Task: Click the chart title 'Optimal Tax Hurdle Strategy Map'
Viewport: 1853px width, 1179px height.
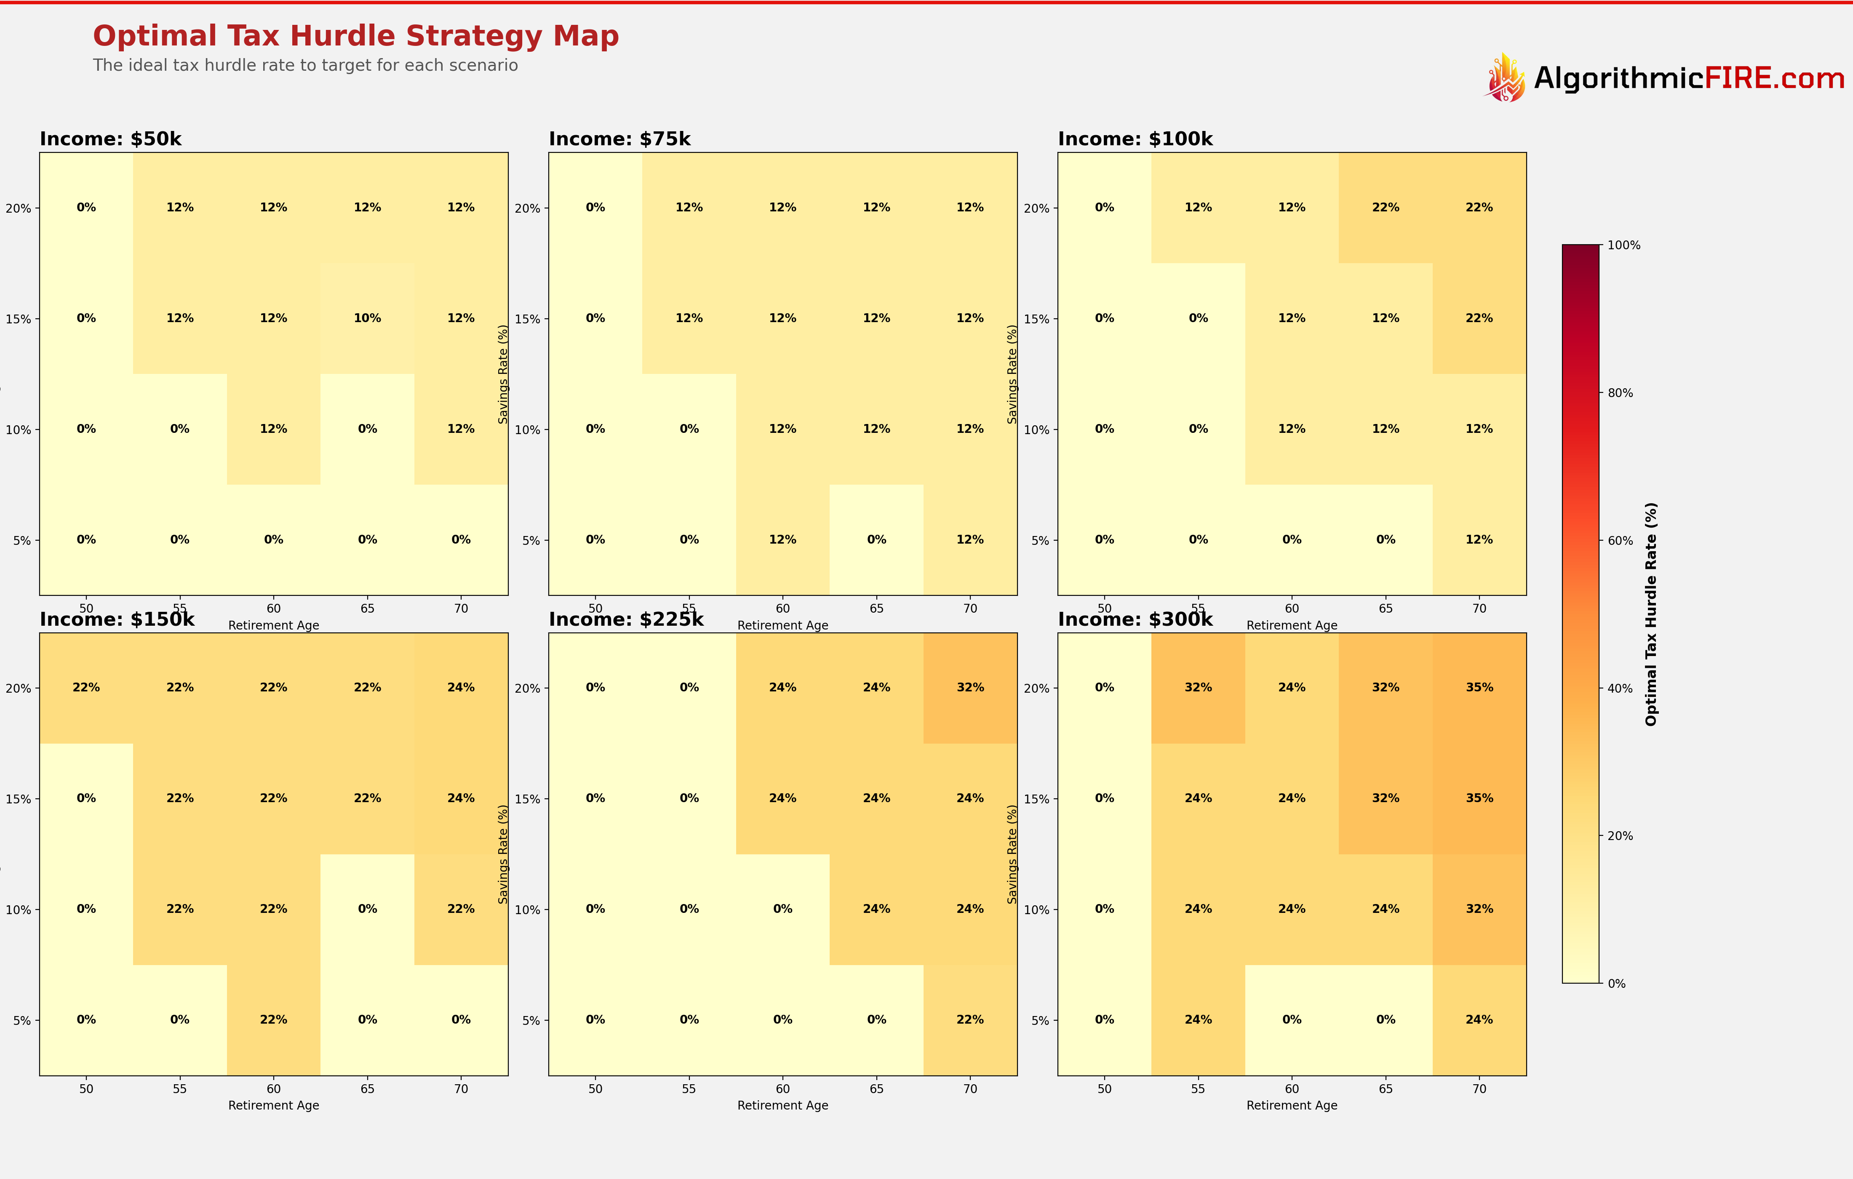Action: [355, 36]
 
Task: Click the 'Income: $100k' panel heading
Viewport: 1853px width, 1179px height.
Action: [1135, 139]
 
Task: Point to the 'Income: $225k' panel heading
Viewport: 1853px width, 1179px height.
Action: [626, 619]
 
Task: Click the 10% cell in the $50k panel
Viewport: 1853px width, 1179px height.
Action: [367, 318]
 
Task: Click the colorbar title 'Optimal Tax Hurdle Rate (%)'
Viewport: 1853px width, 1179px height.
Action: [1650, 614]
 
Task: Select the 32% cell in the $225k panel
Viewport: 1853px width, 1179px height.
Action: [969, 687]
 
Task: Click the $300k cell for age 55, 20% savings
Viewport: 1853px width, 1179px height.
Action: [1198, 687]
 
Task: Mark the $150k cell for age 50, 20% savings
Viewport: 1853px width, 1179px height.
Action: [86, 687]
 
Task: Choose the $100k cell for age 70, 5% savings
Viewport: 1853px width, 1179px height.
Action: [1479, 539]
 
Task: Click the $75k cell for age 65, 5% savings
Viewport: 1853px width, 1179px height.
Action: [876, 539]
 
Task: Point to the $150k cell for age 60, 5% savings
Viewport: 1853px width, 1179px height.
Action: [273, 1020]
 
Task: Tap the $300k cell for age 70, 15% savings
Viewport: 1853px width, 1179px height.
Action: [1479, 798]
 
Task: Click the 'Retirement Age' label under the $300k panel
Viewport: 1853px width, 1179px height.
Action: [1291, 1105]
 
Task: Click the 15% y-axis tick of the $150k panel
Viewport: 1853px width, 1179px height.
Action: [19, 799]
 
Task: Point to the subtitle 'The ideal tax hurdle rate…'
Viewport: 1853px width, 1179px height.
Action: [305, 65]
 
